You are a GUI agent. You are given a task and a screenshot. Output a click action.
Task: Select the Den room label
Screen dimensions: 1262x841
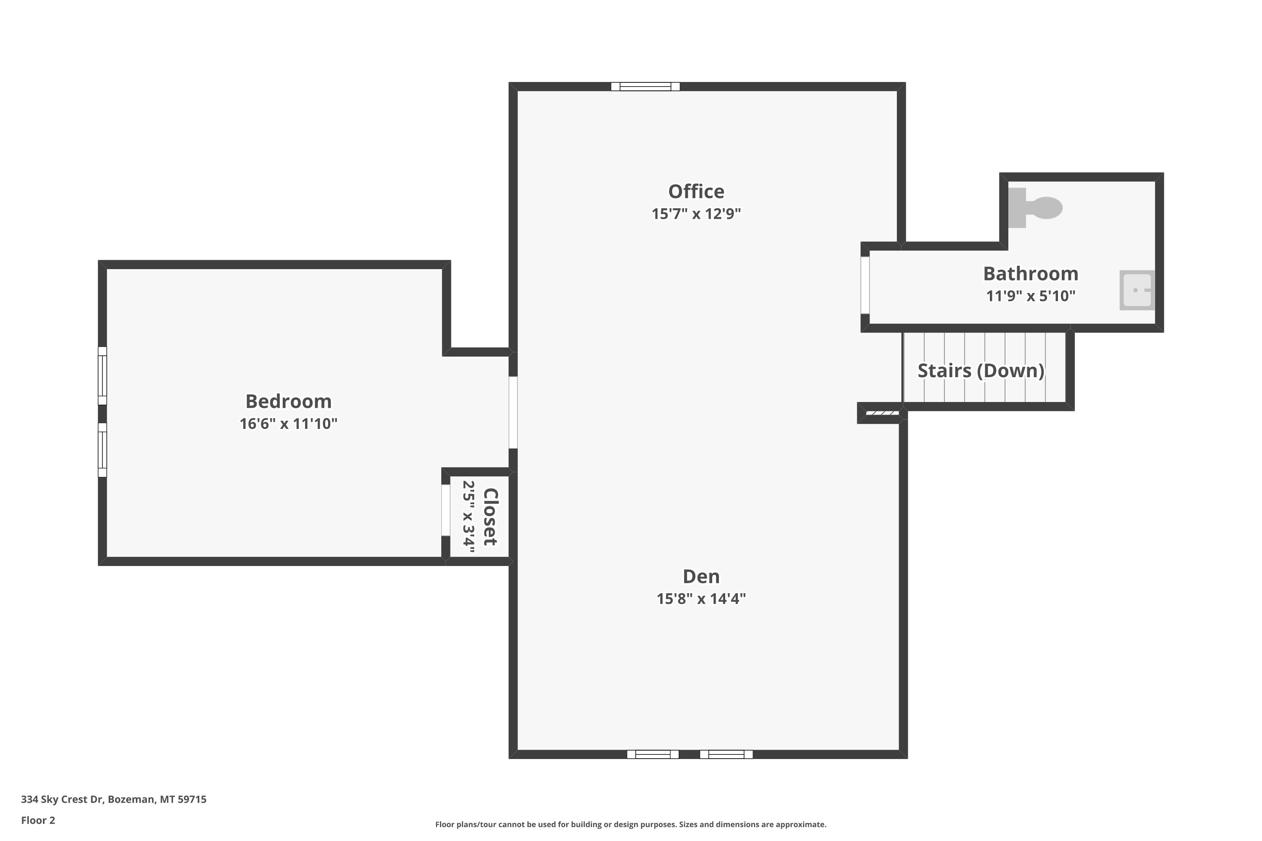pos(701,577)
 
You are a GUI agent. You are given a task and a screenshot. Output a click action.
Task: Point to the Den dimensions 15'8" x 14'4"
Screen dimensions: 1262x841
pos(701,598)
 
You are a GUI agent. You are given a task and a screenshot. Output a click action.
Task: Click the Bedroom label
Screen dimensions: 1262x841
pos(288,401)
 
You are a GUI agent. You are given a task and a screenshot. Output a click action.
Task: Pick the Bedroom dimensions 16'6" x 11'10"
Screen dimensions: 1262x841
pos(288,424)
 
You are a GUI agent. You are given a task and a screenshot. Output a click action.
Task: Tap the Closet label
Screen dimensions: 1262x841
pos(490,517)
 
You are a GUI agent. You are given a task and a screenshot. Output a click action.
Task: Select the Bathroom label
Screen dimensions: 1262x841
pos(1030,274)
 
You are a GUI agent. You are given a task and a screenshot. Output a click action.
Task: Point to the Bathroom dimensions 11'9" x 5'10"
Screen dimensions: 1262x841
pos(1030,296)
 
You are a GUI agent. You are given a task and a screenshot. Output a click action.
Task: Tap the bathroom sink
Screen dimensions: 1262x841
pos(1137,290)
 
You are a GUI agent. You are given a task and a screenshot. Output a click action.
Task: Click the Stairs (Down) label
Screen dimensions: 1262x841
pos(981,370)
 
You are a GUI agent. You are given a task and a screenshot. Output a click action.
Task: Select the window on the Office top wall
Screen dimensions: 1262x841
pos(645,86)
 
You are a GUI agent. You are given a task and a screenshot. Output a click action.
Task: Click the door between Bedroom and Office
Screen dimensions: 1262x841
pos(513,413)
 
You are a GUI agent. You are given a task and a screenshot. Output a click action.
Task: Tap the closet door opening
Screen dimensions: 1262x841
pos(445,510)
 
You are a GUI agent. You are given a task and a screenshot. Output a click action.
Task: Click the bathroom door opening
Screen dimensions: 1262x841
pos(865,286)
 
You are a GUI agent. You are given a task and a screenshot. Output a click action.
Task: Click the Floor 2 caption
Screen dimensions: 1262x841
pos(38,820)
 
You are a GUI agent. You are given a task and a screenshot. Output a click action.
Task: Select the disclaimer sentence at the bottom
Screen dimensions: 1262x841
pos(631,824)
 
